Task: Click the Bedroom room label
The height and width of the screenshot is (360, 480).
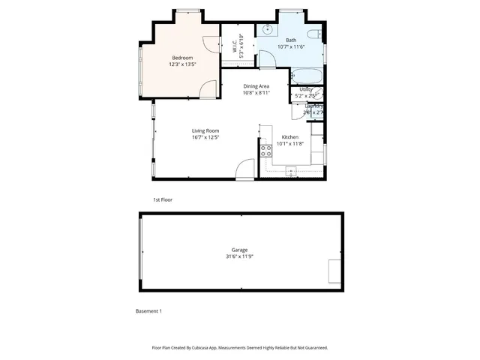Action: point(182,58)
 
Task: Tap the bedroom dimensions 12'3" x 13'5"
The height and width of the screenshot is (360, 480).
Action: point(182,64)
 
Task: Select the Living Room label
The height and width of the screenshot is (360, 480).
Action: point(205,130)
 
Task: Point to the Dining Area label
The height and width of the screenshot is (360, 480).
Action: point(256,86)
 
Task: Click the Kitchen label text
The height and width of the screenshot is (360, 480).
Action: point(290,137)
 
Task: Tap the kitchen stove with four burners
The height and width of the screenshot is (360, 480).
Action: point(265,152)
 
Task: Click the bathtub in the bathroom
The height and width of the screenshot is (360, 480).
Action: point(307,76)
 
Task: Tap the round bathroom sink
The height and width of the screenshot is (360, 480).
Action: point(266,31)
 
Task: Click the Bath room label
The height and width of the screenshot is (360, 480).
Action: point(291,40)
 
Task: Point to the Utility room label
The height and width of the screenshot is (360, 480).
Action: point(307,89)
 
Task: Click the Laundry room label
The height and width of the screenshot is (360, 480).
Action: point(314,106)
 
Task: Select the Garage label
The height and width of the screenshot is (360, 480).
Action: point(239,250)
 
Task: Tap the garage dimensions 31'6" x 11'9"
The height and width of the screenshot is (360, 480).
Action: point(239,256)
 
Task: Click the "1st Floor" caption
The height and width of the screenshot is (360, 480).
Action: point(163,200)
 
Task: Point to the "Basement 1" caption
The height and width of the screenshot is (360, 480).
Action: point(148,310)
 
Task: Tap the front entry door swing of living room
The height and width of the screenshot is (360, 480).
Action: point(244,170)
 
